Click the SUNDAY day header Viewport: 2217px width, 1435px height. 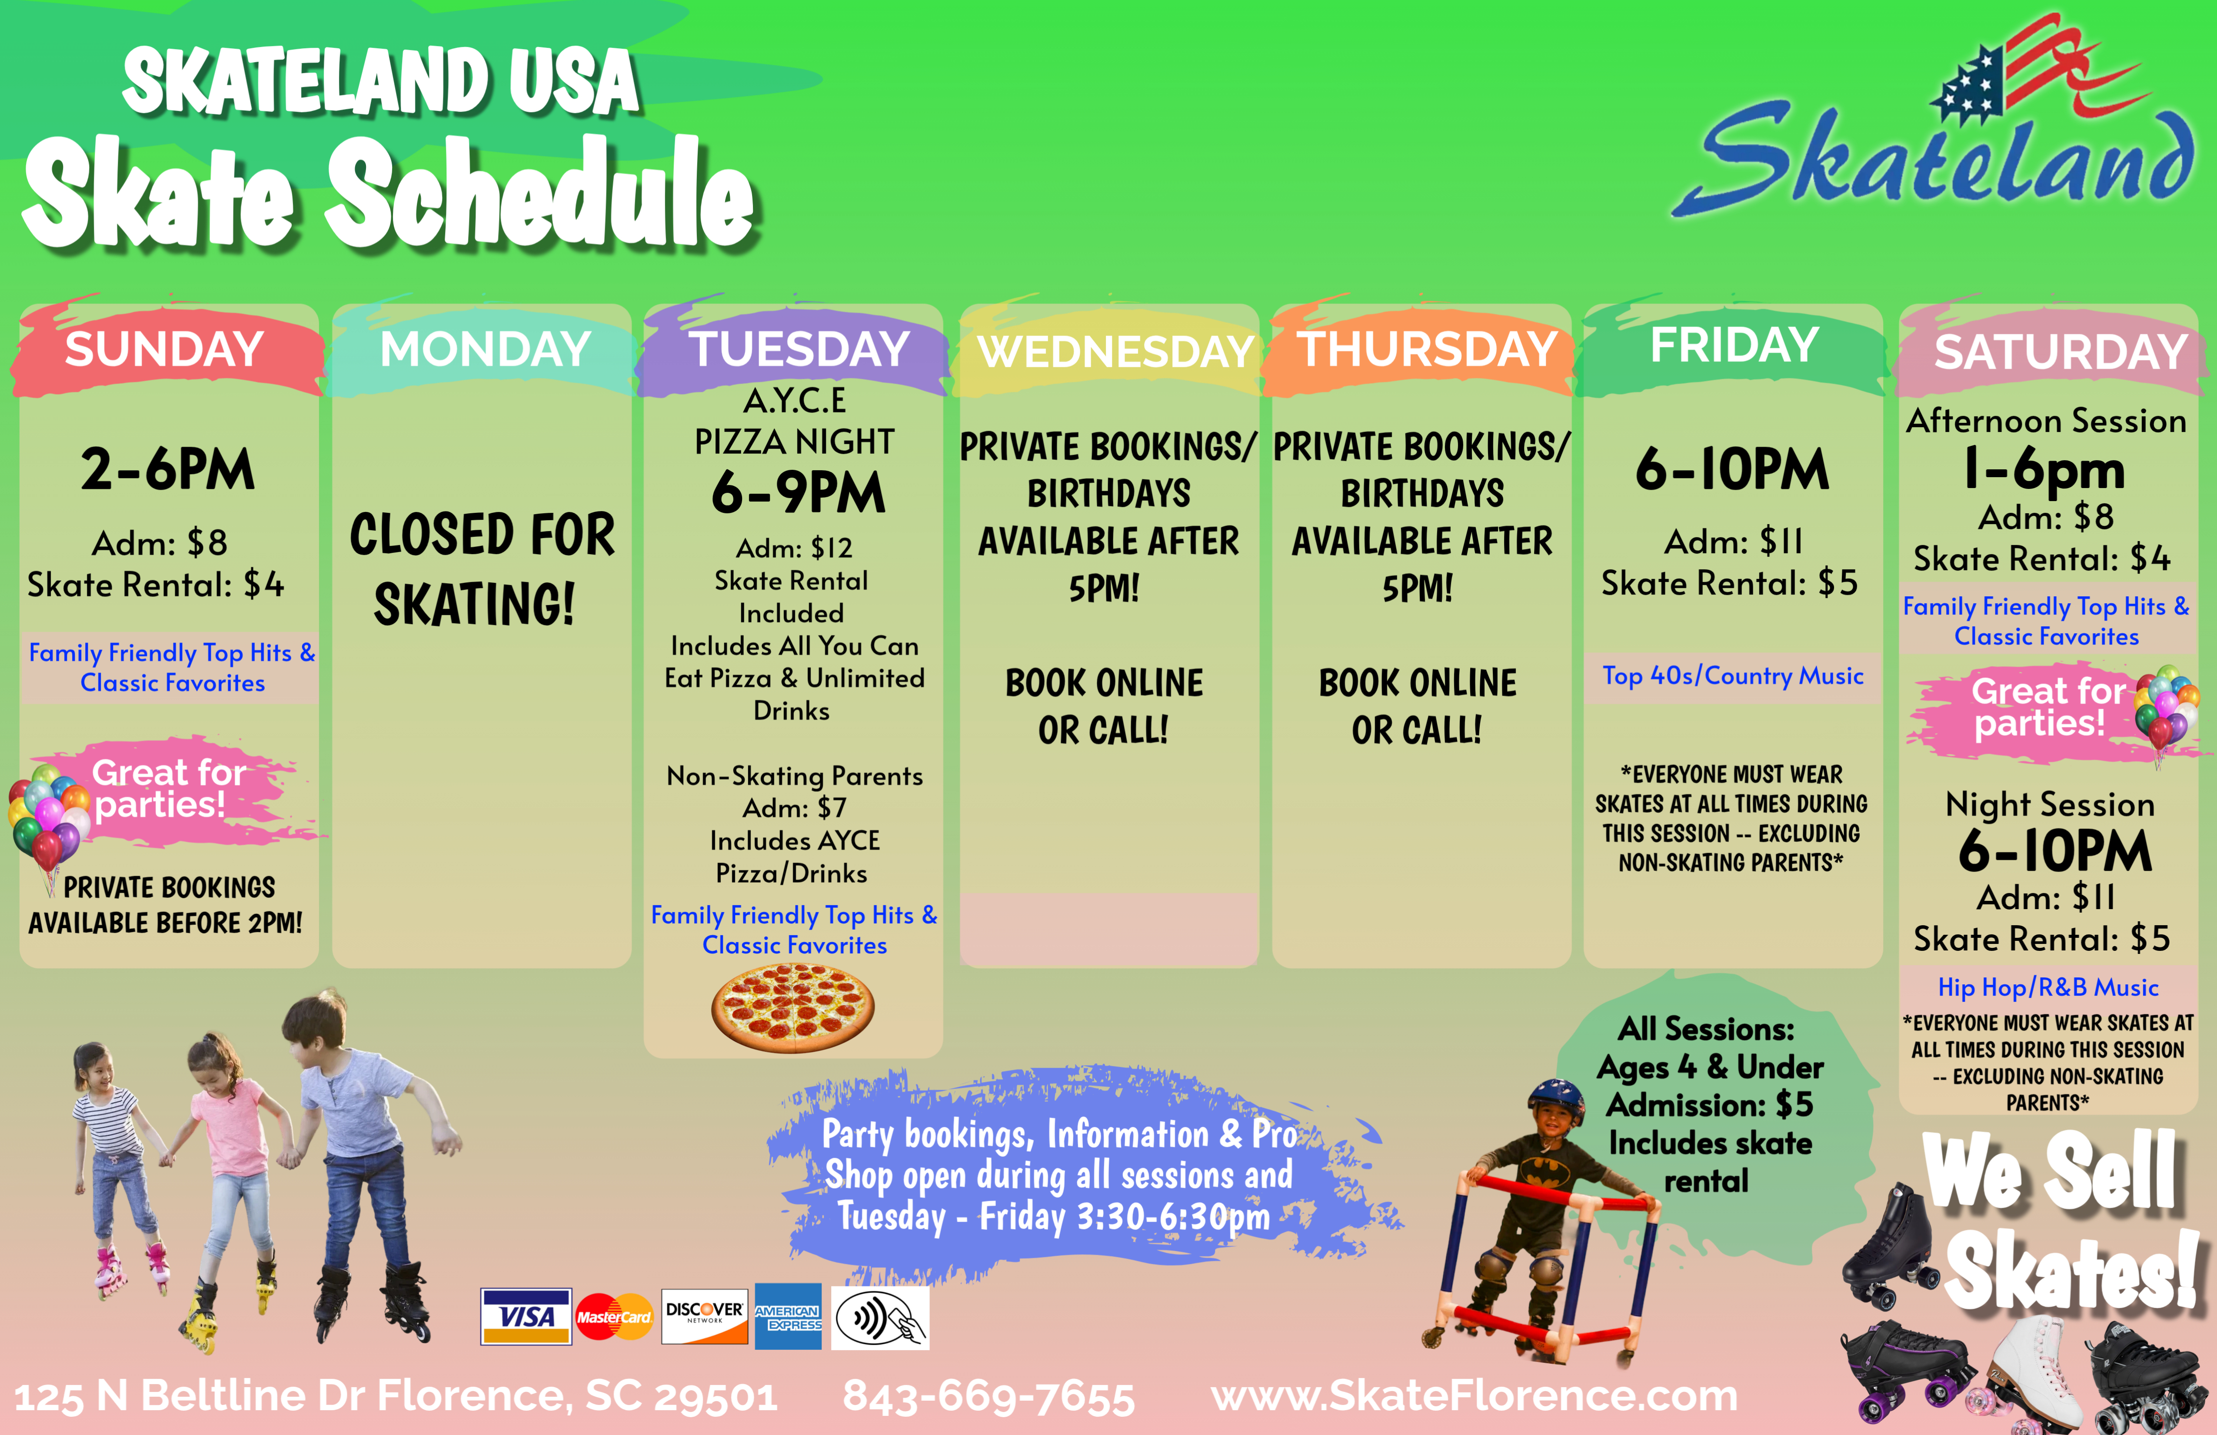coord(164,349)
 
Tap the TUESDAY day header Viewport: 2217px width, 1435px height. coord(798,349)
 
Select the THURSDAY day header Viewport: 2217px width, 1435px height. coord(1427,349)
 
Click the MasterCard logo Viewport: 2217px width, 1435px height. coord(614,1317)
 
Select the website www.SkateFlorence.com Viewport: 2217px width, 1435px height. coord(1474,1396)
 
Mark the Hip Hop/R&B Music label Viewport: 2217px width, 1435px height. coord(2047,987)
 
